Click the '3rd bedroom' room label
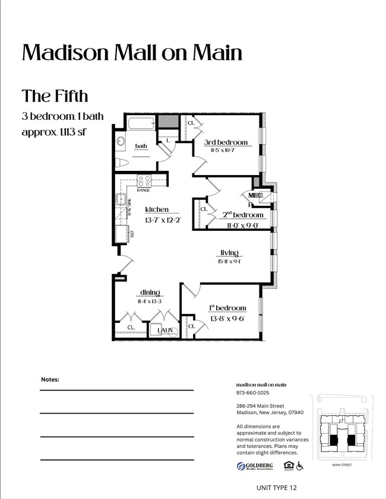tap(226, 142)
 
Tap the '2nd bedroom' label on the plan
tap(243, 215)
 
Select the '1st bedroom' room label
tap(227, 308)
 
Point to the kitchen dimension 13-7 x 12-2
tap(162, 220)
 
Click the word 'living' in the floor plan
tap(229, 253)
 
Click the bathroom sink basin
tap(122, 142)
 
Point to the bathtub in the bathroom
tap(140, 124)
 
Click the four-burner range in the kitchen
tap(144, 180)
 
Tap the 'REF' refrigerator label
tap(132, 233)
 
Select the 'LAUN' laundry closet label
tap(165, 329)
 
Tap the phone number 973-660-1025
tap(252, 393)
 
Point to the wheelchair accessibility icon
tap(300, 466)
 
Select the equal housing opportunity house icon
tap(289, 466)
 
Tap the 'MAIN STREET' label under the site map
tap(341, 465)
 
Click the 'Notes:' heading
tap(50, 379)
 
